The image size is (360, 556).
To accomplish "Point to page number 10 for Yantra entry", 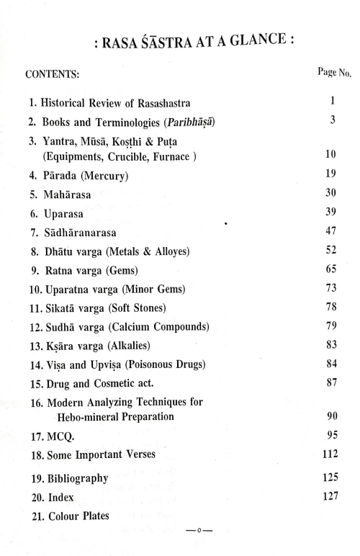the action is (332, 156).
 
